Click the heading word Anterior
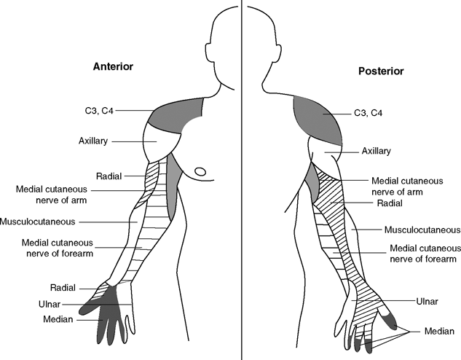point(112,66)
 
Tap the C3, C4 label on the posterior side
point(368,113)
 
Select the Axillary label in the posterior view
point(376,152)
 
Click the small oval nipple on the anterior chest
point(200,173)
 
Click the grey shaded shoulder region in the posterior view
point(317,117)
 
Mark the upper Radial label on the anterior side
point(108,176)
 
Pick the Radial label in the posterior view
point(390,205)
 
